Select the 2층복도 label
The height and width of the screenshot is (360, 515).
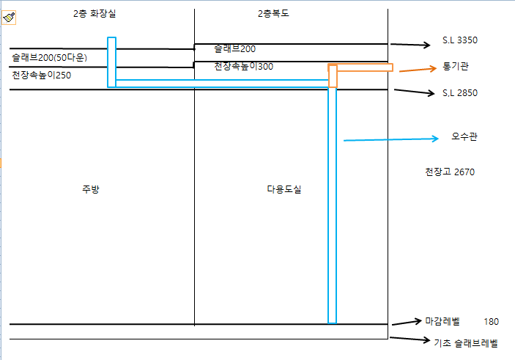click(274, 14)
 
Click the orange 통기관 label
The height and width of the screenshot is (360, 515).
click(456, 66)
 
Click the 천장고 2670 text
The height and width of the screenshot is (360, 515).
click(450, 172)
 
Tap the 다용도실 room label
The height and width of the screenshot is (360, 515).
click(284, 189)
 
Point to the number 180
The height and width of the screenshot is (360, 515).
click(491, 322)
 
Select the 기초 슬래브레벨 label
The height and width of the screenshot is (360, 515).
click(465, 342)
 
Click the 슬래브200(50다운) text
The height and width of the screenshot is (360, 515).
click(49, 57)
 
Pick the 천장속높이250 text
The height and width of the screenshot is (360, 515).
click(41, 75)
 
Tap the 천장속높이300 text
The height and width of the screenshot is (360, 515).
click(244, 67)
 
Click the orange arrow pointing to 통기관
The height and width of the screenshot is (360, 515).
click(417, 70)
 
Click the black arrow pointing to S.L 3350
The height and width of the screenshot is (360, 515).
click(412, 45)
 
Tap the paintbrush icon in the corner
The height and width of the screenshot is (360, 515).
click(9, 18)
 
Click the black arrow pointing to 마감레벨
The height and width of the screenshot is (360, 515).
click(407, 322)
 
